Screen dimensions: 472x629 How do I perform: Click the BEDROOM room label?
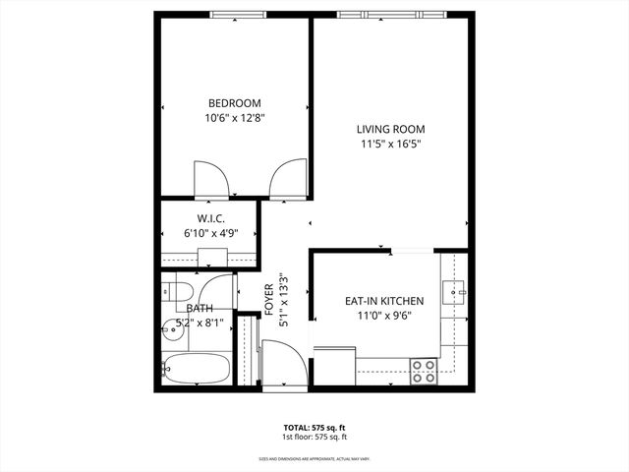pyautogui.click(x=235, y=103)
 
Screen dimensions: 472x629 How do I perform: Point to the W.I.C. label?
pyautogui.click(x=211, y=218)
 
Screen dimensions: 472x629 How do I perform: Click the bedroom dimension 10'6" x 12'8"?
pyautogui.click(x=235, y=118)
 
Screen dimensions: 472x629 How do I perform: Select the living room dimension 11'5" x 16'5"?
pyautogui.click(x=390, y=144)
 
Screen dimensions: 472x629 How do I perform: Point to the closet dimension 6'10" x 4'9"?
pyautogui.click(x=211, y=233)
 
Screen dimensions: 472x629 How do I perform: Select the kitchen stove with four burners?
pyautogui.click(x=424, y=371)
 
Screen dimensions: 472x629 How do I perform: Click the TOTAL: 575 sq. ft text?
pyautogui.click(x=314, y=428)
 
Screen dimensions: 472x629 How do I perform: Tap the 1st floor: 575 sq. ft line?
pyautogui.click(x=314, y=437)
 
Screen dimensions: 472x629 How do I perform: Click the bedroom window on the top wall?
pyautogui.click(x=237, y=14)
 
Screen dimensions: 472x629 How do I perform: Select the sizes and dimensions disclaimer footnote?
pyautogui.click(x=314, y=457)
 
